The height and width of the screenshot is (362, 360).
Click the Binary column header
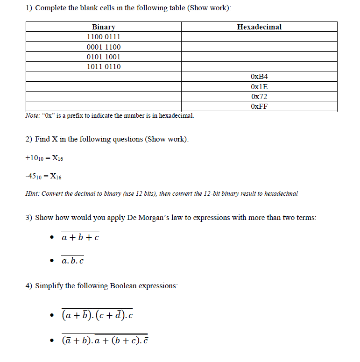104,27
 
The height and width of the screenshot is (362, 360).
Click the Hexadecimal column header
259,27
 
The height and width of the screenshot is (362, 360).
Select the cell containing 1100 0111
104,37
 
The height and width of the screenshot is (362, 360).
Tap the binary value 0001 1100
104,47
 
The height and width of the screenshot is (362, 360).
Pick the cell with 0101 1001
104,57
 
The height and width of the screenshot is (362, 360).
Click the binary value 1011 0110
104,67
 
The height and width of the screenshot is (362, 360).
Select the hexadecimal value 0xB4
259,77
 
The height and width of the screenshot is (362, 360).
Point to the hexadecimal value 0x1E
259,87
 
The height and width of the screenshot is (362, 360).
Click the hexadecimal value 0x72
259,97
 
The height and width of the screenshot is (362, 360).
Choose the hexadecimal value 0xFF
259,106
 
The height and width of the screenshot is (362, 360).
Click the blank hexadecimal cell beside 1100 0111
259,37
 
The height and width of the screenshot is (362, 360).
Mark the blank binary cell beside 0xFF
104,106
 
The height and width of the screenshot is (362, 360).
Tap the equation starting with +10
44,158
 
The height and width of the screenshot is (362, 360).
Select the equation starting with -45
43,177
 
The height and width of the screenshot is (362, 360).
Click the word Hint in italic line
32,193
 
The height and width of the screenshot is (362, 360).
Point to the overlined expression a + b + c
80,238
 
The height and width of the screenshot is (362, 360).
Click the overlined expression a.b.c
73,261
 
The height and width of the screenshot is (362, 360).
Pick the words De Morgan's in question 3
144,218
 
